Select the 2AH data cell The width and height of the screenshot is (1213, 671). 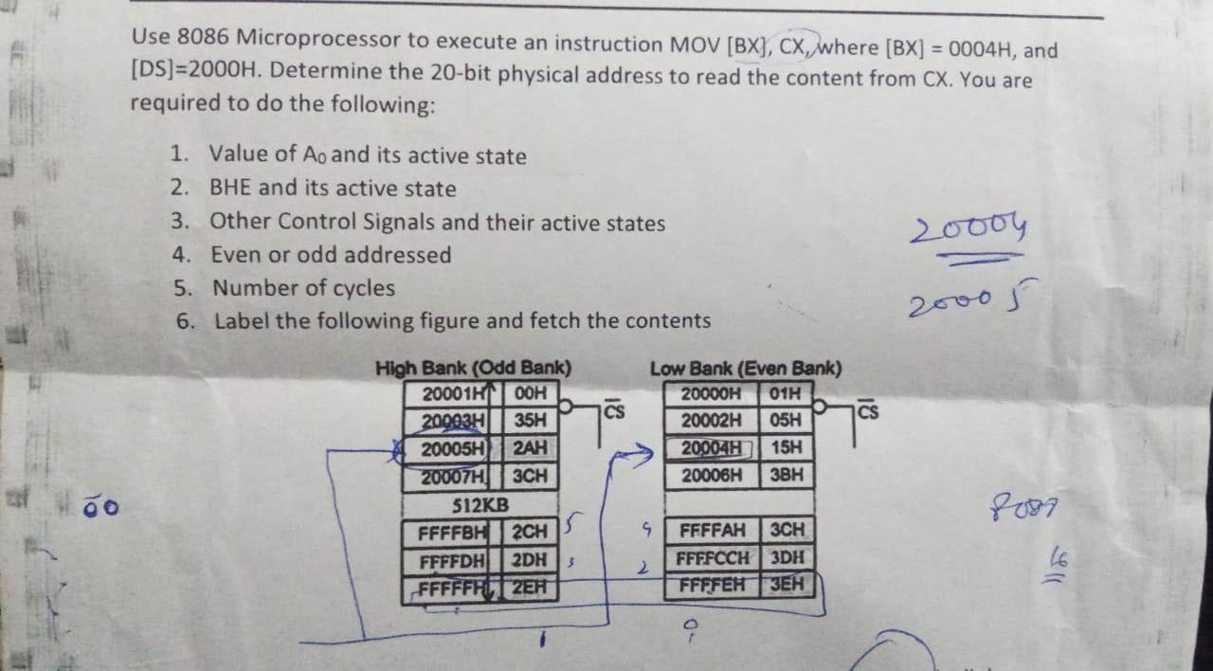(x=531, y=447)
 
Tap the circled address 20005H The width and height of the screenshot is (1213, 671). (x=454, y=448)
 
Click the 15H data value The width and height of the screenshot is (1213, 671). (x=787, y=447)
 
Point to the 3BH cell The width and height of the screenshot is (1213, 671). (x=787, y=476)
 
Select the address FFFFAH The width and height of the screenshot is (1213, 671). (x=714, y=531)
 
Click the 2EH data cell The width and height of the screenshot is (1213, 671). (x=530, y=588)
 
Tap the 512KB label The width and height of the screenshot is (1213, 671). (x=480, y=505)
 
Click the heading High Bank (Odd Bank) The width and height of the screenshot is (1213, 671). (x=473, y=368)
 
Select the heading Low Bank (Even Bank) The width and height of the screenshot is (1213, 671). (x=746, y=369)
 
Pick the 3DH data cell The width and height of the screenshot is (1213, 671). (x=788, y=558)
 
